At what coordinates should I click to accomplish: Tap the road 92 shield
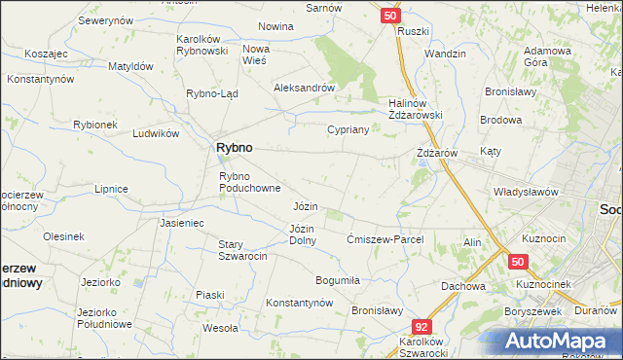tap(421, 328)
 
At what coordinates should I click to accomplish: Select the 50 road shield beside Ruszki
tap(389, 17)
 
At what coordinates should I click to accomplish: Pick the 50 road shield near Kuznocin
tap(517, 262)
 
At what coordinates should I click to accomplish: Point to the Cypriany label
tap(347, 129)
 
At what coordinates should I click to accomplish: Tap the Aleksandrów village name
tap(304, 87)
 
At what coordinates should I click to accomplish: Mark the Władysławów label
tap(526, 192)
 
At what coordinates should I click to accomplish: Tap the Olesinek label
tap(63, 236)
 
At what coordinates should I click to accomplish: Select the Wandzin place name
tap(445, 54)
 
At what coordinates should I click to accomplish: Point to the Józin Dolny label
tap(302, 234)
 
